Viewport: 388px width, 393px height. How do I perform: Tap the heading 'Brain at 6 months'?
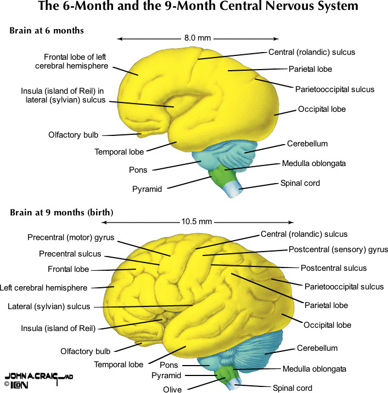click(47, 31)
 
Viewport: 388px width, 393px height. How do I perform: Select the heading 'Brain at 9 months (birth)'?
click(61, 212)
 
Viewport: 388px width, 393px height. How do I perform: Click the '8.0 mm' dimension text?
click(198, 38)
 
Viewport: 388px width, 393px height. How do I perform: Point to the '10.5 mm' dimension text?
click(196, 222)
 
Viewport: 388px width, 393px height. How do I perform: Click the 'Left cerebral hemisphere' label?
click(43, 288)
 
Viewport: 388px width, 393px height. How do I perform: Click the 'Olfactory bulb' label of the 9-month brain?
click(85, 351)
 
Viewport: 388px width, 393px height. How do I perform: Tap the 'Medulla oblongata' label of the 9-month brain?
click(314, 369)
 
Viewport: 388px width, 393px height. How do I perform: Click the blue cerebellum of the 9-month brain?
click(263, 351)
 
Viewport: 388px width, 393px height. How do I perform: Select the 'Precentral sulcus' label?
click(70, 254)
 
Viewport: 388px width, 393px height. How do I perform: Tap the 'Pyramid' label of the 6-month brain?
click(147, 189)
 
